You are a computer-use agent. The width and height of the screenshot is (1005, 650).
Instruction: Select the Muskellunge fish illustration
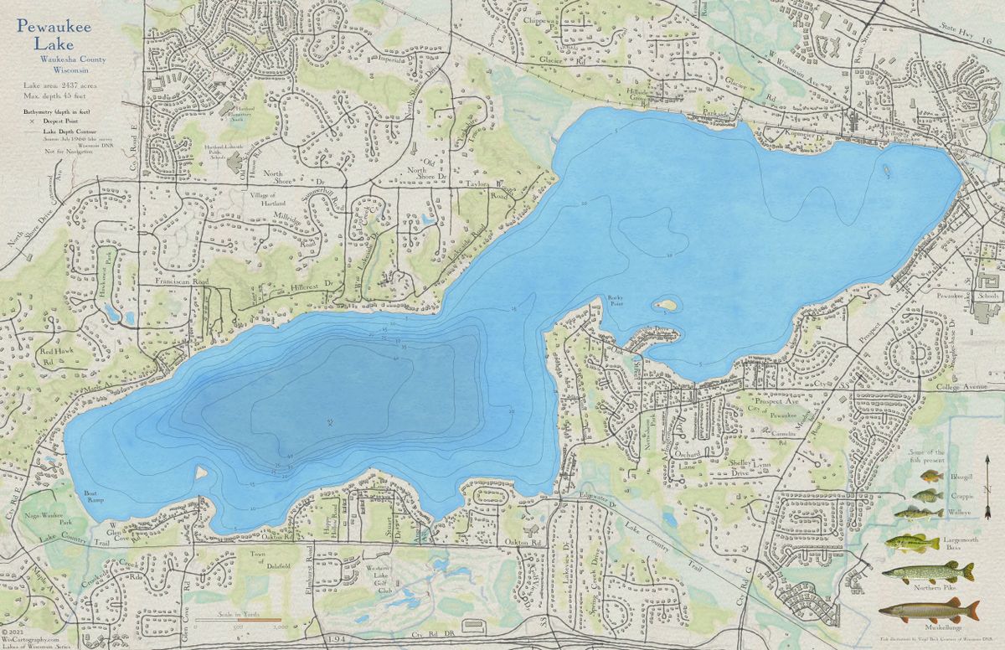929,610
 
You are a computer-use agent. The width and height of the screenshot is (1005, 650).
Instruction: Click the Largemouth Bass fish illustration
912,543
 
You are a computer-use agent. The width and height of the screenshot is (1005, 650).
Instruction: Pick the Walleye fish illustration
918,513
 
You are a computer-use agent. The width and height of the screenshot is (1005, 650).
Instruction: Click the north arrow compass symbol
988,487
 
